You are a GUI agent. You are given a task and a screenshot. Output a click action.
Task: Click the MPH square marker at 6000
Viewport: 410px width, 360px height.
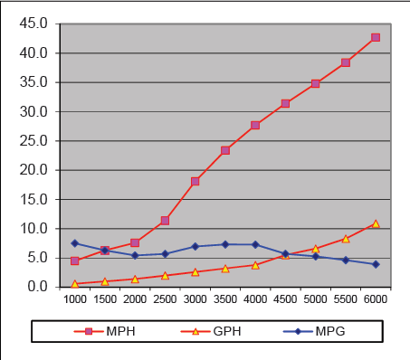[376, 37]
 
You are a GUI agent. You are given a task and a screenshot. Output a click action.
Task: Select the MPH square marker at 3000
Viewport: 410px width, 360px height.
[195, 182]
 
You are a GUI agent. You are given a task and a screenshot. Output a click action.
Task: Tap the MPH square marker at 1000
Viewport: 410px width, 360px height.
[75, 261]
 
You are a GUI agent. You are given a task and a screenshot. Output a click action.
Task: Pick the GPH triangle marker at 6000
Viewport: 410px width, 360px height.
[376, 223]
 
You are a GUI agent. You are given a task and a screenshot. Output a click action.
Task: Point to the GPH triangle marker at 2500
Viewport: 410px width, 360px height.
[165, 276]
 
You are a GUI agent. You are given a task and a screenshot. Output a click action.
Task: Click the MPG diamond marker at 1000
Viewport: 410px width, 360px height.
[75, 243]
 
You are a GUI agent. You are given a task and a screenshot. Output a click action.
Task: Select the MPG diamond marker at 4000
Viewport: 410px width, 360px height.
[255, 244]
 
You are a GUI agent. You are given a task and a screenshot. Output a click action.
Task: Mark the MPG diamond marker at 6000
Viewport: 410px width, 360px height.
[376, 264]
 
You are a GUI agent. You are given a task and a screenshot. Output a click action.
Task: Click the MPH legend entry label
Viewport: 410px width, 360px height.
[120, 331]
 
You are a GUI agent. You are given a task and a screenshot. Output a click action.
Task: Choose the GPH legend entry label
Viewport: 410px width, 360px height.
[227, 331]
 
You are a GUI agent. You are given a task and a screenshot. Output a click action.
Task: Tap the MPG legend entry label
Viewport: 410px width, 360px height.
[330, 331]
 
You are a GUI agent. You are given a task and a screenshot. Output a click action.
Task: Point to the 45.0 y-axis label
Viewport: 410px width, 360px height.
[33, 24]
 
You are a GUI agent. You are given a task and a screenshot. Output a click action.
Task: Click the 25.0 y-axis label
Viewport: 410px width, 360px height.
[33, 141]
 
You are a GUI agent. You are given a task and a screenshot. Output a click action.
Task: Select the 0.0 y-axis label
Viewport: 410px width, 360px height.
[38, 287]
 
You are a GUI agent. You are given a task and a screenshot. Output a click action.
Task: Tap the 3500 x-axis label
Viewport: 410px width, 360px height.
[225, 299]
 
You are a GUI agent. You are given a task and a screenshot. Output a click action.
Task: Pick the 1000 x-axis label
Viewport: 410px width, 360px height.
[75, 299]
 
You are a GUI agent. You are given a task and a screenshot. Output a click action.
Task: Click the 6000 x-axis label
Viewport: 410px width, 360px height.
[376, 299]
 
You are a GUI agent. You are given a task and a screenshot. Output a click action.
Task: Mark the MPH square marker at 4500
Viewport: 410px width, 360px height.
[285, 104]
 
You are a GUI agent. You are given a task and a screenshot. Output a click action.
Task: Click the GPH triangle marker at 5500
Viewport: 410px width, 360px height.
[346, 239]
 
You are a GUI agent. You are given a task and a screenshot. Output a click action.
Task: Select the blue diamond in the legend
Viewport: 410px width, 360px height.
[298, 332]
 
